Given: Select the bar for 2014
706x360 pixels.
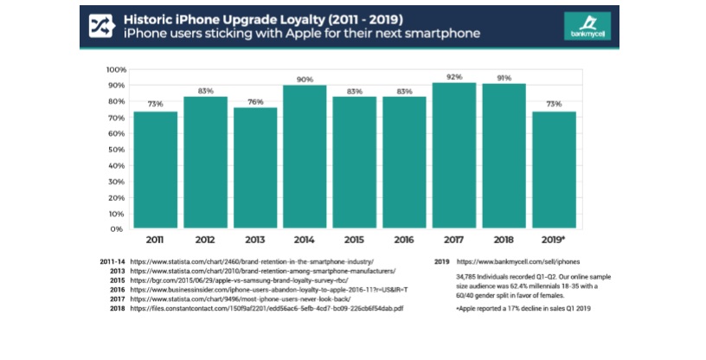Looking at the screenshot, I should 305,157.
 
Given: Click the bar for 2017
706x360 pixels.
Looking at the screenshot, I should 455,156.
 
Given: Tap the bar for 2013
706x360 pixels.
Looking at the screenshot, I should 255,169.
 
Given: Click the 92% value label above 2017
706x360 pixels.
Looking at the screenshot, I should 455,75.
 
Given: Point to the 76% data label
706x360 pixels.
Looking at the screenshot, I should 255,100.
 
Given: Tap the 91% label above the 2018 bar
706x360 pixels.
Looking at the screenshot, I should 504,77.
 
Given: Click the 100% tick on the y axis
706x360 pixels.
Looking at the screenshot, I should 117,69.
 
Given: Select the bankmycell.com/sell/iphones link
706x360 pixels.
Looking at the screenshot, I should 518,260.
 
